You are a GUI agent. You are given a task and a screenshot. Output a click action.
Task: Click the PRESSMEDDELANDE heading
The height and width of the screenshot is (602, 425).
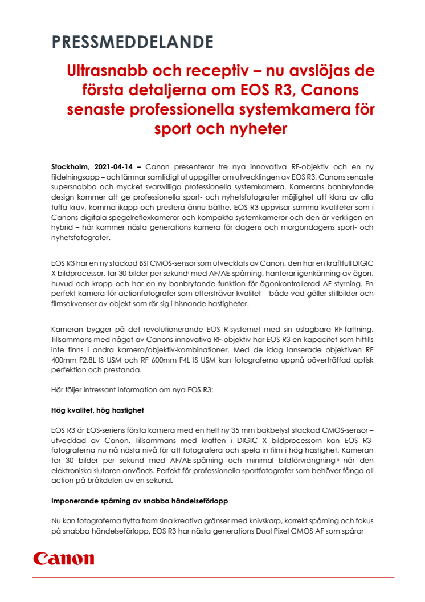[132, 42]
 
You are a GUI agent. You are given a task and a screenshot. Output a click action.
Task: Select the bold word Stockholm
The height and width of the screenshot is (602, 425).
[70, 166]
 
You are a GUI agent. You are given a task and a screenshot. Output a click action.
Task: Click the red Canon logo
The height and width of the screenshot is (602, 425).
[63, 558]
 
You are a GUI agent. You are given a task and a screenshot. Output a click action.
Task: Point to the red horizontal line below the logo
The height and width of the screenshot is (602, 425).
[213, 577]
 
